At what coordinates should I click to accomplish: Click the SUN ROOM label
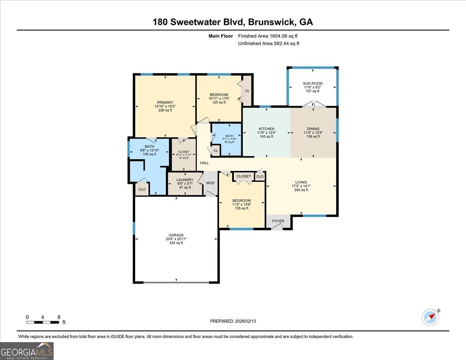click(313, 83)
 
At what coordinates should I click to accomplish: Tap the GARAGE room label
click(176, 235)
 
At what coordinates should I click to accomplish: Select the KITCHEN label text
click(266, 129)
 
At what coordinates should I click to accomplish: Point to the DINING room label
click(313, 129)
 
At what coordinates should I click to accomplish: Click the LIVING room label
click(301, 182)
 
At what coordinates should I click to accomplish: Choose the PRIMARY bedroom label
click(165, 103)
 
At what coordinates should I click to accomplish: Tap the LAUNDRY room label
click(185, 180)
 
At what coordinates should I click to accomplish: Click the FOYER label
click(278, 221)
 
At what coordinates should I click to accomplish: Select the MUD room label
click(210, 183)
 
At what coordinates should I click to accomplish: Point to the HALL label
click(204, 163)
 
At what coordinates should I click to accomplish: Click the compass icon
click(430, 317)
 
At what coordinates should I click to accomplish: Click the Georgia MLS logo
click(27, 351)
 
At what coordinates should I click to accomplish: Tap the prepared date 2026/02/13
click(233, 321)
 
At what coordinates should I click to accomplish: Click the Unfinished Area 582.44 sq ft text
click(268, 43)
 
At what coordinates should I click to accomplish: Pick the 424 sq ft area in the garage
click(176, 243)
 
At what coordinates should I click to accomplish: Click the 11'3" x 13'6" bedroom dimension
click(242, 205)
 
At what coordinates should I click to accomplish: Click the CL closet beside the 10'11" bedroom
click(247, 91)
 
